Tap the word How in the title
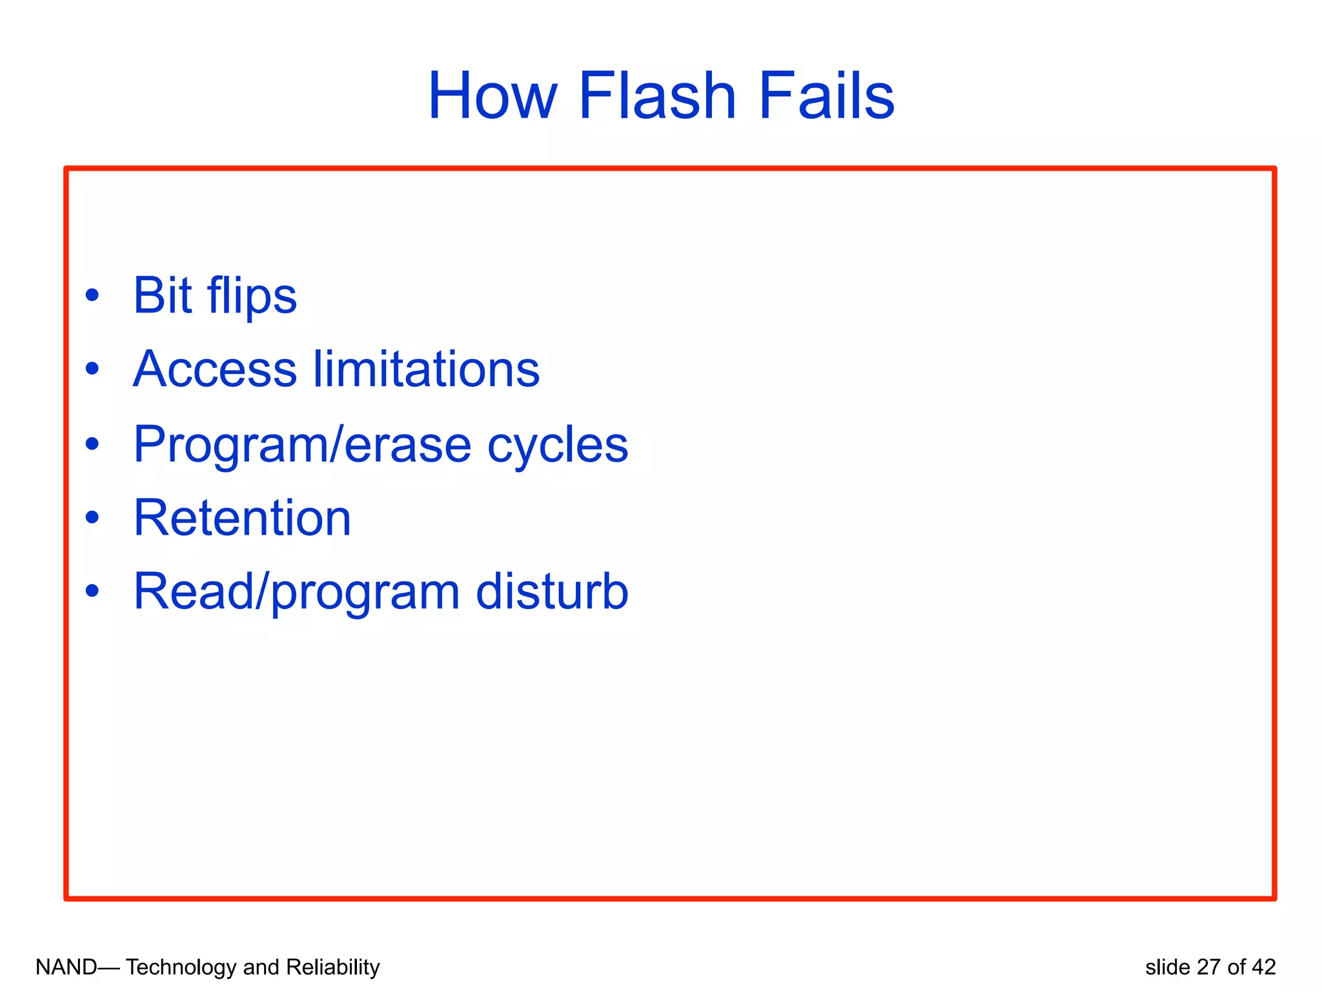492,97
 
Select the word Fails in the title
826,97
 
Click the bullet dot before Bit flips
92,295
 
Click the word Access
215,369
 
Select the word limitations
427,369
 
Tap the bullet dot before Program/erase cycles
92,444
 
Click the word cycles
557,446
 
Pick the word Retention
242,518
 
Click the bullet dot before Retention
92,517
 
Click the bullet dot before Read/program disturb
92,590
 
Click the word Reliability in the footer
332,967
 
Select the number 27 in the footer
1209,967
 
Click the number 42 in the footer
1263,967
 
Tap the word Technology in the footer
181,967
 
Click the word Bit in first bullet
162,296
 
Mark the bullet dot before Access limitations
92,369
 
